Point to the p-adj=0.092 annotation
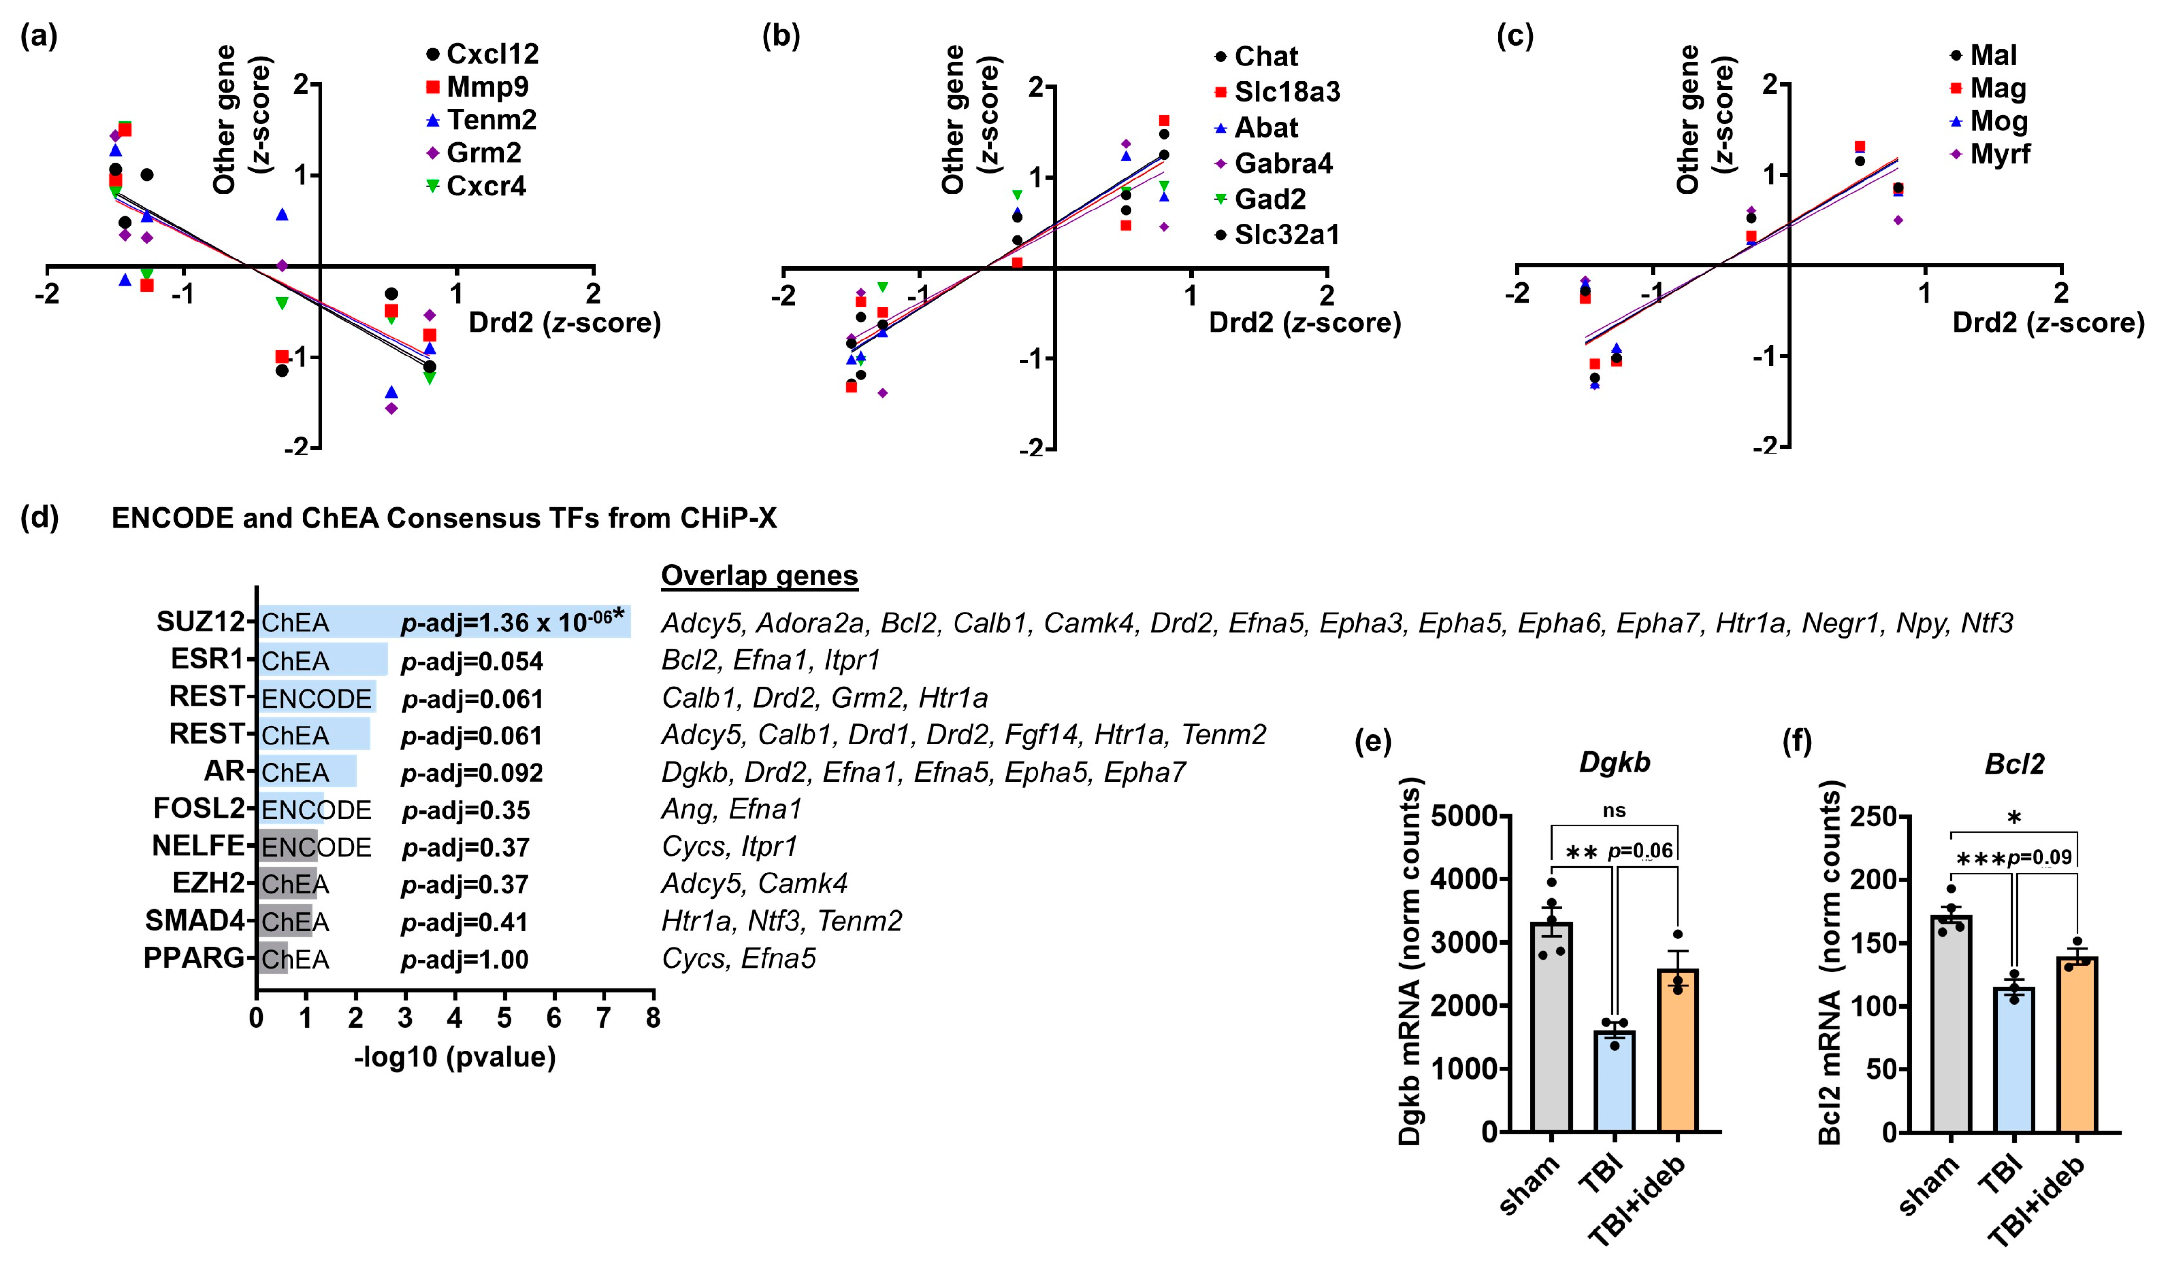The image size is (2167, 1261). tap(472, 773)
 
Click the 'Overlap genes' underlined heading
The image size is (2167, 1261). tap(759, 575)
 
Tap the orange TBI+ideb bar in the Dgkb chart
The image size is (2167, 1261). tap(1678, 1050)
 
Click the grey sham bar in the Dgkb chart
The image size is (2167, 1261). tap(1551, 1026)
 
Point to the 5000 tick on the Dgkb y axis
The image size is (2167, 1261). tap(1462, 815)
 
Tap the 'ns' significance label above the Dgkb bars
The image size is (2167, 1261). tap(1614, 810)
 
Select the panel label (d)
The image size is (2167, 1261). tap(40, 518)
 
